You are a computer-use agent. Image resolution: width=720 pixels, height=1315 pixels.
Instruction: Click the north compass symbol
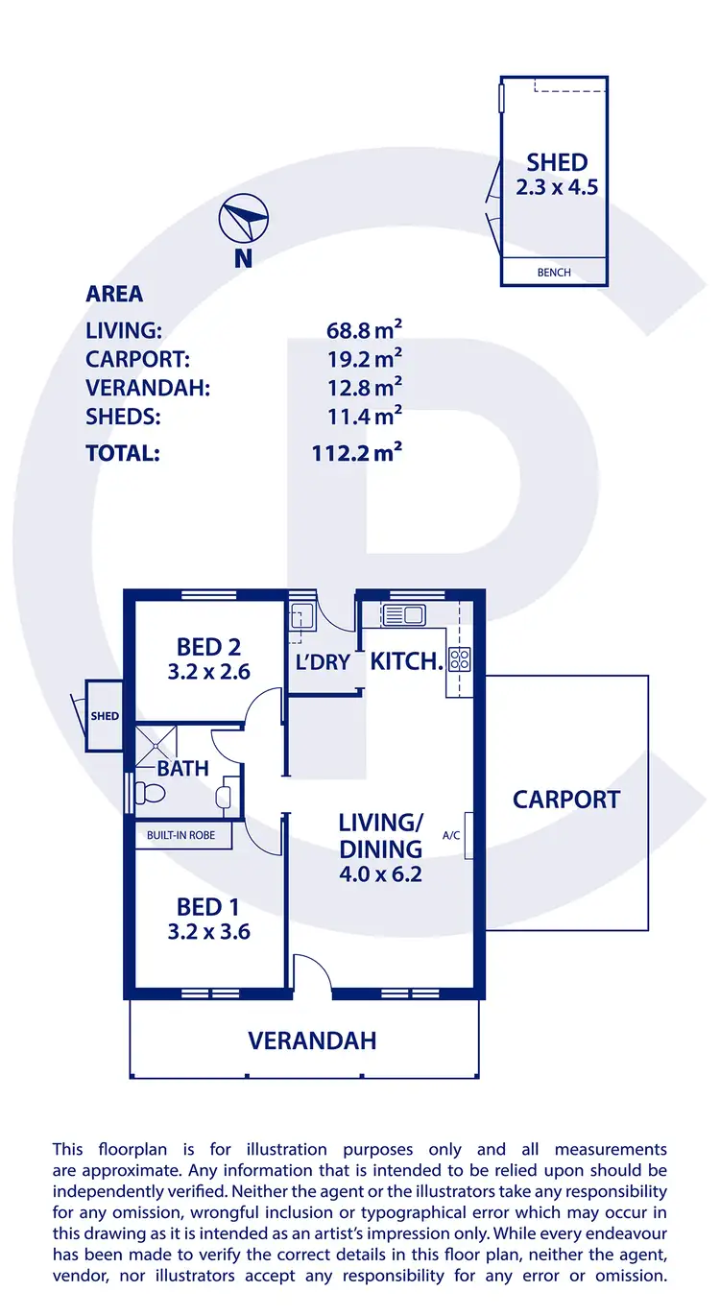point(243,219)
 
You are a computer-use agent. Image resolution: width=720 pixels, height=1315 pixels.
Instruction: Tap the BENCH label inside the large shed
point(554,273)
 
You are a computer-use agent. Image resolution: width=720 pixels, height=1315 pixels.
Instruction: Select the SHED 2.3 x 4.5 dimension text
point(557,187)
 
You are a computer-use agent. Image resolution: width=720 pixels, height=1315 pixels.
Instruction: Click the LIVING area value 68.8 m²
point(364,331)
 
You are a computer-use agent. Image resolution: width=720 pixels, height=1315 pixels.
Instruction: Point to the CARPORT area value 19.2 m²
point(364,359)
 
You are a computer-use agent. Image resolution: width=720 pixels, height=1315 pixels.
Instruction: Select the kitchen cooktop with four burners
point(459,659)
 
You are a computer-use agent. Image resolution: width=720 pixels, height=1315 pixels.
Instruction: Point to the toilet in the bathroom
point(150,793)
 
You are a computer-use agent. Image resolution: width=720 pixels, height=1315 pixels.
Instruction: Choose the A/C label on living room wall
point(452,835)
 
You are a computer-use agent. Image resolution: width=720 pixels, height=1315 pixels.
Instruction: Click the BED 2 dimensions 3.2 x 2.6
point(208,672)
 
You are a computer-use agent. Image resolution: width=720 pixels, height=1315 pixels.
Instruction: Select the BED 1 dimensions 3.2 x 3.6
point(208,931)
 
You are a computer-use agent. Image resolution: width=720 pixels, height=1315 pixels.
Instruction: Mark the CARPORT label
point(566,800)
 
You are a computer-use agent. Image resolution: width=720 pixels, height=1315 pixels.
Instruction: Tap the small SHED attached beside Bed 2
point(104,716)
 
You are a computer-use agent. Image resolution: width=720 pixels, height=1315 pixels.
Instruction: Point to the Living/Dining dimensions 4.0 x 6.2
point(380,874)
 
